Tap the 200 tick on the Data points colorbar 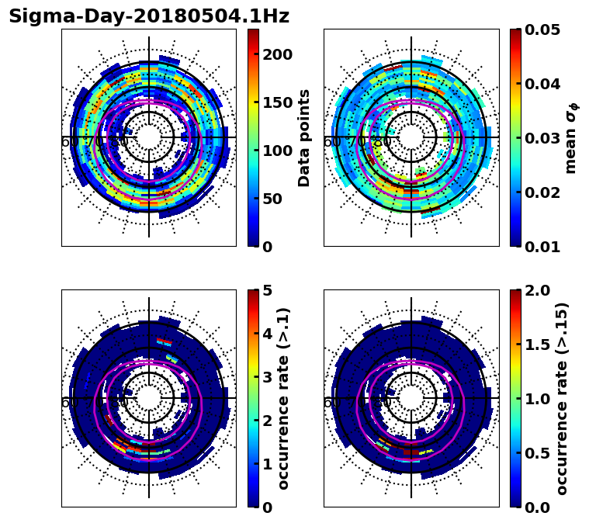tap(277, 54)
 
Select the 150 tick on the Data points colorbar tap(277, 102)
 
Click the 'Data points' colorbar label tap(304, 137)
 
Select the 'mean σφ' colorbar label tap(571, 137)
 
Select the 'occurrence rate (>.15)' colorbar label tap(563, 398)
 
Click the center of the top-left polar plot tap(149, 137)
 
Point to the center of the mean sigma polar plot tap(411, 137)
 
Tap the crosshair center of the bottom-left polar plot tap(149, 398)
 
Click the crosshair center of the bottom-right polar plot tap(411, 398)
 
